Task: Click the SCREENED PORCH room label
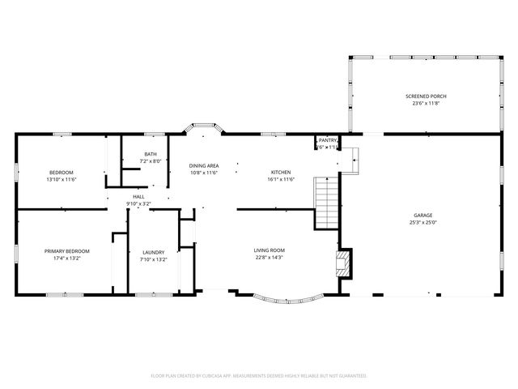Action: pos(426,96)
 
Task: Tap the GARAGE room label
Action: pos(423,215)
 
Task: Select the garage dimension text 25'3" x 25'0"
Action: pos(423,223)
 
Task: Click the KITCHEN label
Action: pos(281,172)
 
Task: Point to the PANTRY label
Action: pos(327,140)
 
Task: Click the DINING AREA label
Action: pos(204,165)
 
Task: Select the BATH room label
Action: pos(151,154)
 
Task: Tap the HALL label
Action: pos(138,196)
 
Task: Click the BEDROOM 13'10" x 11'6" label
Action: pos(61,172)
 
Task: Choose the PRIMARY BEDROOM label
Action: pos(66,251)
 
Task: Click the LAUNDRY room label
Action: pos(153,251)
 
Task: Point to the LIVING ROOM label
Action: pos(270,250)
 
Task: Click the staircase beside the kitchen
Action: pos(325,203)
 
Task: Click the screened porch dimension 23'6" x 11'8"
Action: pos(426,104)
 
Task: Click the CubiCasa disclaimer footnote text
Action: pos(259,375)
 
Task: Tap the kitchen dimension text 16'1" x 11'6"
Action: pos(281,179)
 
